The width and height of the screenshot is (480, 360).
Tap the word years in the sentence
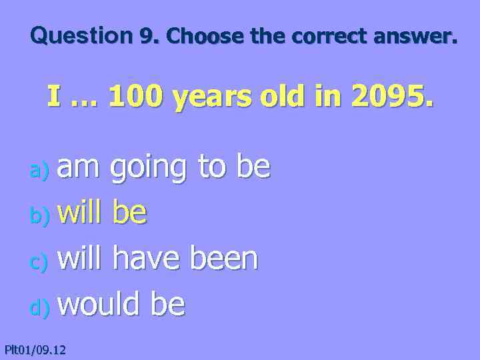[x=213, y=99]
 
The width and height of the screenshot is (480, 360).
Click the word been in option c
[x=224, y=259]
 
